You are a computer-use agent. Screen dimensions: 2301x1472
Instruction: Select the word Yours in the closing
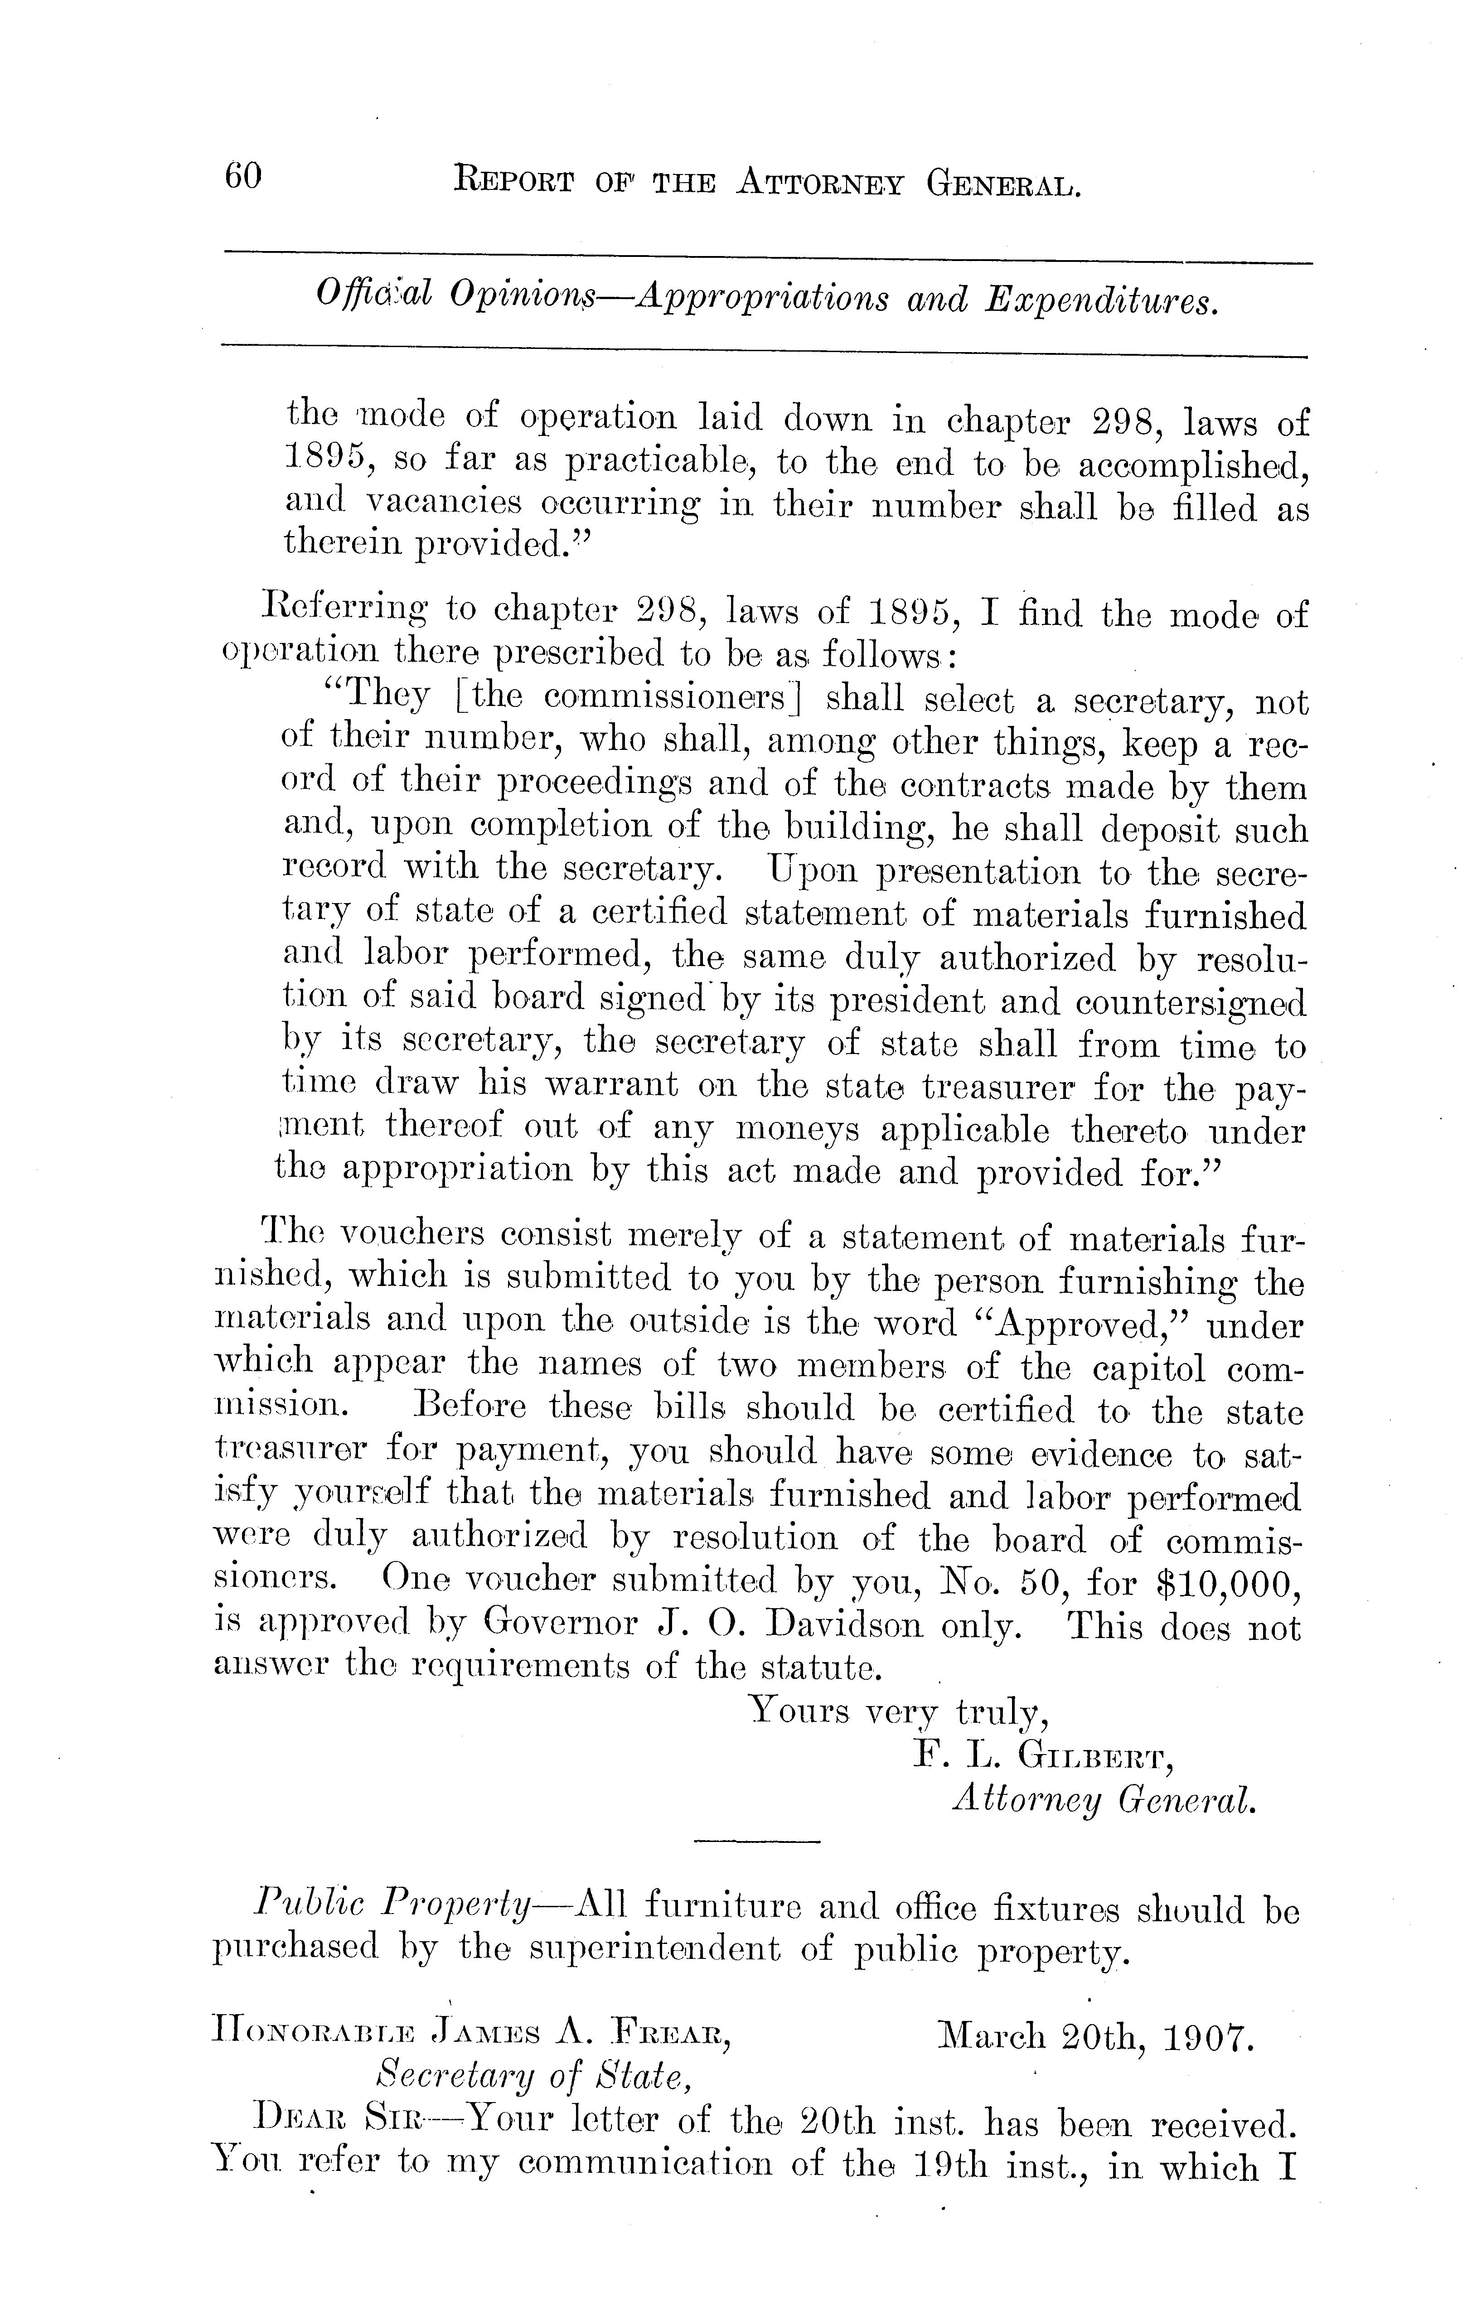[x=799, y=1711]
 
